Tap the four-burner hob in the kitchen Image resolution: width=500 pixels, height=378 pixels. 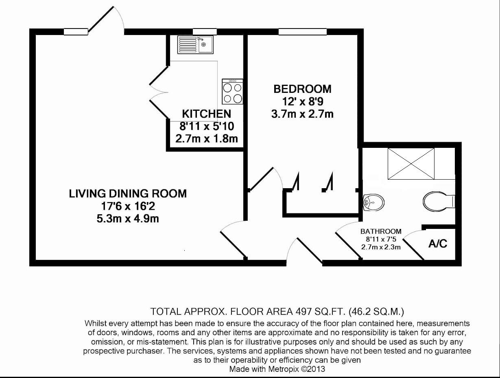[x=233, y=92]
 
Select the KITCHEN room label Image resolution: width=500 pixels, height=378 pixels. [x=206, y=114]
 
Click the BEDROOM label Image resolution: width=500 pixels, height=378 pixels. [x=302, y=89]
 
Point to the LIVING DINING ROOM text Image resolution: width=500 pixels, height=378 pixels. [x=128, y=193]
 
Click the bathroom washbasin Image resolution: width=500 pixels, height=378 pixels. [x=372, y=202]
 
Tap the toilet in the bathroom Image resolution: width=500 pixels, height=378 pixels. [x=439, y=201]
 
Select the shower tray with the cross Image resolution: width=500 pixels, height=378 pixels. [x=411, y=163]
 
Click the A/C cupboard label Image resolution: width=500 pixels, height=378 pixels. [x=437, y=244]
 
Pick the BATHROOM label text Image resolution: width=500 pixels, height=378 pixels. [x=381, y=231]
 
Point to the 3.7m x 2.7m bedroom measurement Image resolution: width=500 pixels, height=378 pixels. [x=302, y=114]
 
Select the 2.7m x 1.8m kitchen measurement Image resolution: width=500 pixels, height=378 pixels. [x=206, y=139]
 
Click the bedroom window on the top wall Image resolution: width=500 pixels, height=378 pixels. [x=301, y=32]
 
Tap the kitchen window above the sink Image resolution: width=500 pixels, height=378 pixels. [x=205, y=32]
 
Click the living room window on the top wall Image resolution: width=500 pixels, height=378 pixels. [x=76, y=32]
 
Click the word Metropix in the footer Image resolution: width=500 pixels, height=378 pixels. [x=284, y=369]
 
